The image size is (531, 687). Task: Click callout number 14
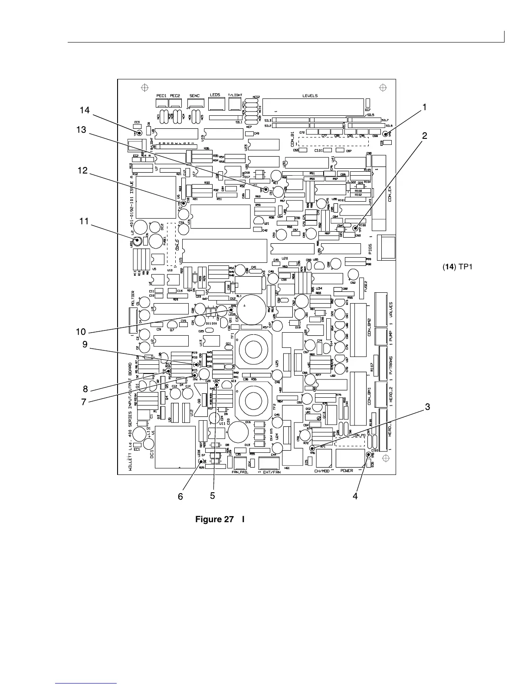pos(85,110)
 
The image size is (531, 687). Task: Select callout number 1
pos(425,107)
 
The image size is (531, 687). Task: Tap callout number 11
pos(84,221)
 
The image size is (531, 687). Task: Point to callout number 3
pos(427,407)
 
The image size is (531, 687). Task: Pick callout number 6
pos(180,496)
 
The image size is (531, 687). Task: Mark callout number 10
pos(81,332)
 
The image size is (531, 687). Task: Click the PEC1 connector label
pos(162,95)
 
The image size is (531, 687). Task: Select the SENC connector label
pos(194,95)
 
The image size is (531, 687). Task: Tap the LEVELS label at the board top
pos(310,95)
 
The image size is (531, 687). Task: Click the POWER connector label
pos(347,470)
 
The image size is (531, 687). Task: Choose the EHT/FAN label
pos(271,472)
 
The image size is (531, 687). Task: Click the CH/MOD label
pos(322,470)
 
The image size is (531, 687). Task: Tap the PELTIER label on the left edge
pos(133,298)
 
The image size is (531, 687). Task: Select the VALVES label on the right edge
pos(391,310)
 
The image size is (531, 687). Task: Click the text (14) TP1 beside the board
pos(457,266)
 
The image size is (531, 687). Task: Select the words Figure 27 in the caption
pos(215,519)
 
